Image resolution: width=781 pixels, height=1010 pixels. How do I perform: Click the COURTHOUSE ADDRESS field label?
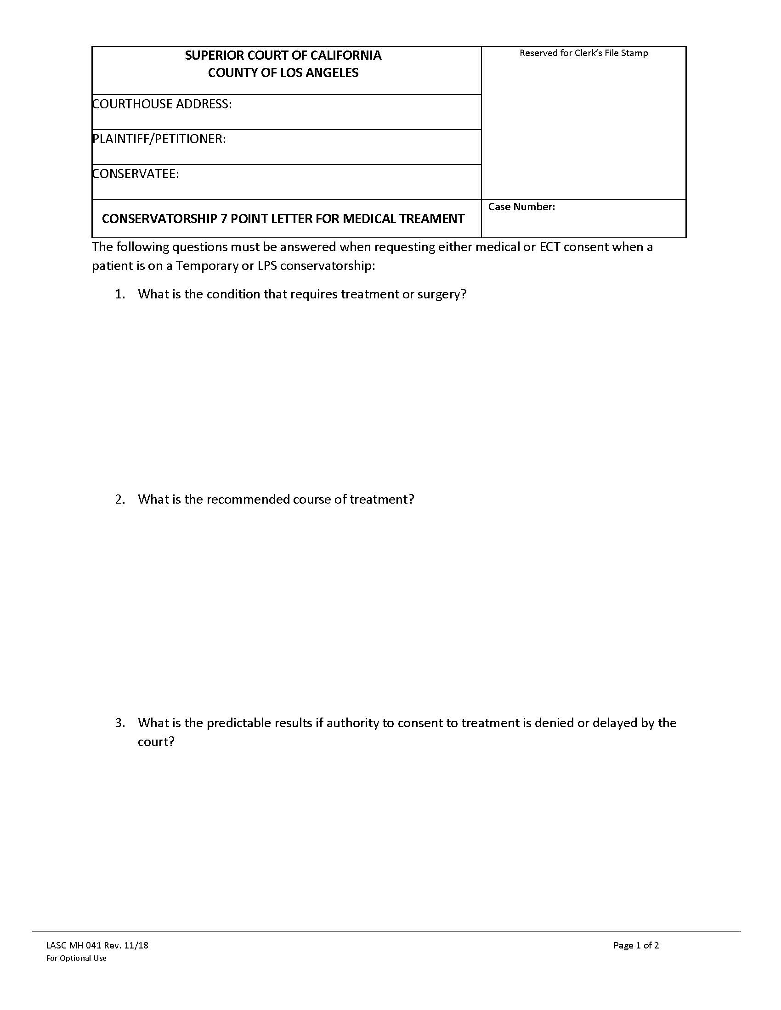162,104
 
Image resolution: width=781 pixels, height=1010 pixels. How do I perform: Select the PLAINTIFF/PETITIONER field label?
159,139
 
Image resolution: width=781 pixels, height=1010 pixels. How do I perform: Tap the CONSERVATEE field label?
136,174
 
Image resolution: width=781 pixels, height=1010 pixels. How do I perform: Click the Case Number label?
521,207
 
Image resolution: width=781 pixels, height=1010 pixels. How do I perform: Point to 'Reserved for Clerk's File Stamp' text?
583,53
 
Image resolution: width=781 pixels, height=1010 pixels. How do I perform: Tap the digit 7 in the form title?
223,219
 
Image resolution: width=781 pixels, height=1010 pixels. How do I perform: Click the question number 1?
119,294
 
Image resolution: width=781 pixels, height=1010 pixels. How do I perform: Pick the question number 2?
119,499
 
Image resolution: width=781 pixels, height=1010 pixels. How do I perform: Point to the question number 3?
119,723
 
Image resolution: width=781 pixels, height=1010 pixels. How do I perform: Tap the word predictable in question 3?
239,723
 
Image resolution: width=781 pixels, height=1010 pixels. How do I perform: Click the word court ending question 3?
155,742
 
